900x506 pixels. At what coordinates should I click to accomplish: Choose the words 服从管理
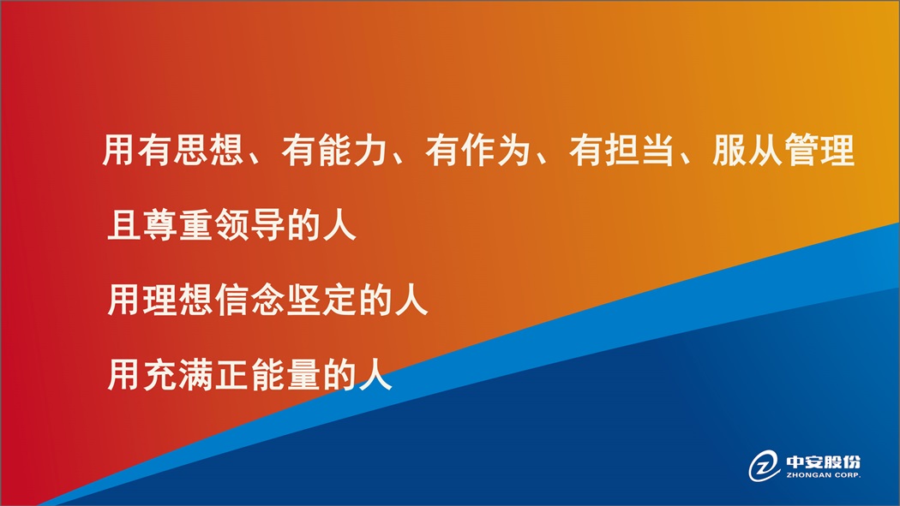click(783, 150)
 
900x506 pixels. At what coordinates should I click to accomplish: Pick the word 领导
click(249, 224)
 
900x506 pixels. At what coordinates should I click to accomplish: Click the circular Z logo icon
click(764, 465)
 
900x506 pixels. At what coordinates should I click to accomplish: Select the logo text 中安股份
click(823, 461)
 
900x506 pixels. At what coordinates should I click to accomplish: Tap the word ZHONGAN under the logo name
click(809, 475)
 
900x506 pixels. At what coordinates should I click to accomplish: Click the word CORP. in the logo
click(849, 475)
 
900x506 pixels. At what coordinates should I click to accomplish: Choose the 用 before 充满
click(123, 374)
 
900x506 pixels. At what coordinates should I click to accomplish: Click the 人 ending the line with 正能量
click(375, 374)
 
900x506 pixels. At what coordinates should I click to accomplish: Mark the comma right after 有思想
click(255, 158)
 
